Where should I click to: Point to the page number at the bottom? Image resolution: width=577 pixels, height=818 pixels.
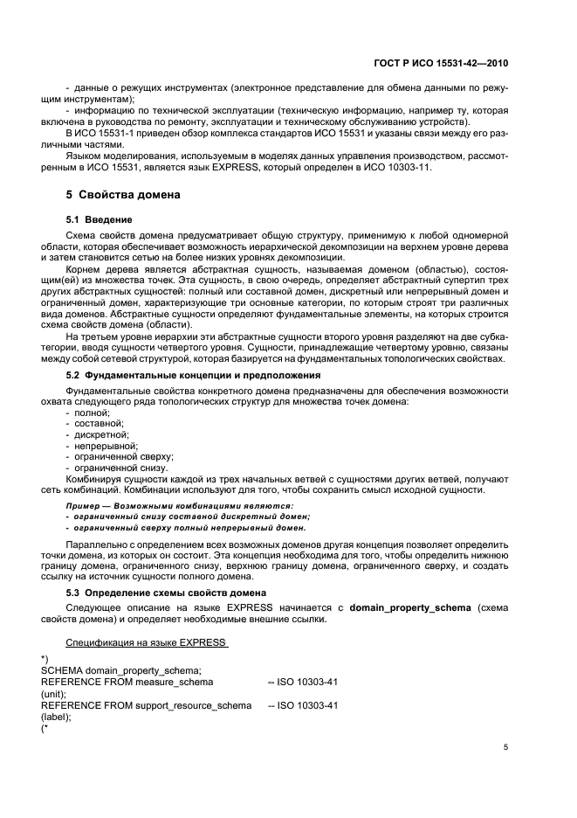coord(505,747)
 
